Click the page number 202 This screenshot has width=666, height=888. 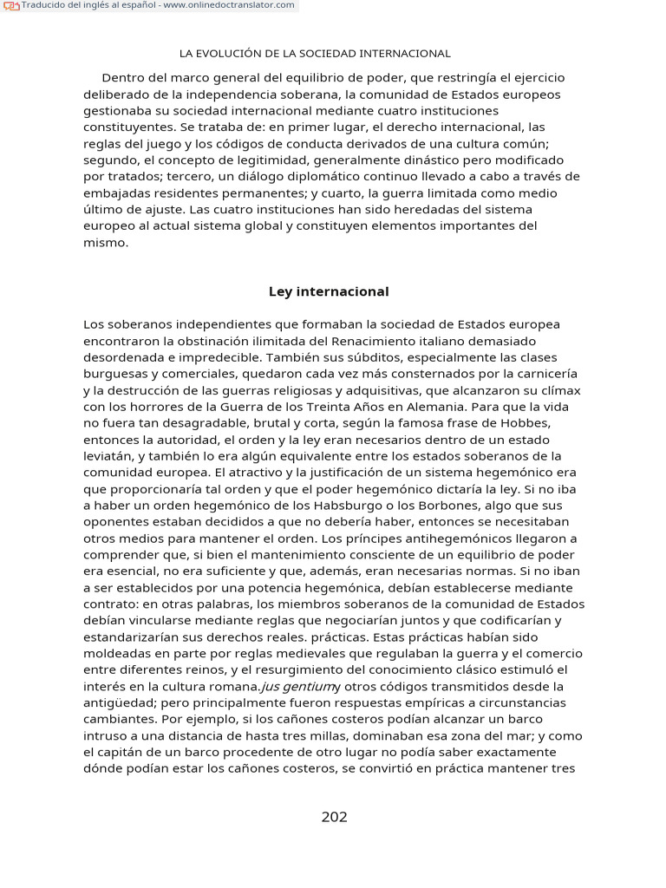point(334,817)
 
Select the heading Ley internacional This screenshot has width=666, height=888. point(329,291)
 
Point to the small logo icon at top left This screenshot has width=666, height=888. point(11,5)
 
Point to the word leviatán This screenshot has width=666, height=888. point(108,456)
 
